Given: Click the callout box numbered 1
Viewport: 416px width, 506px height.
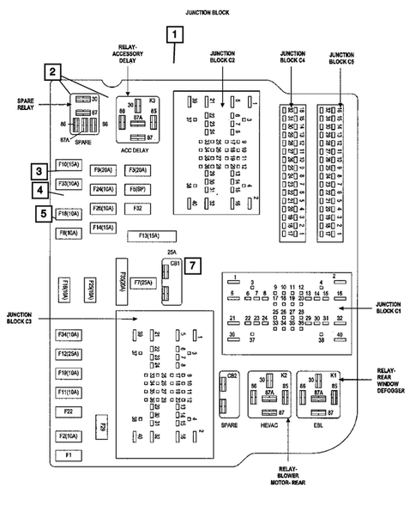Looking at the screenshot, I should click(x=176, y=35).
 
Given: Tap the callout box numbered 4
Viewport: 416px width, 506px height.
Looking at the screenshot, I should click(x=39, y=190).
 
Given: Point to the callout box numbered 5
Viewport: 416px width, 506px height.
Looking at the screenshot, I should click(x=39, y=214).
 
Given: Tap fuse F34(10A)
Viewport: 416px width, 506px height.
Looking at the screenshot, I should click(x=69, y=334).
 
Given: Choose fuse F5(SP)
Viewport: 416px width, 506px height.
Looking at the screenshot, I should click(x=138, y=188).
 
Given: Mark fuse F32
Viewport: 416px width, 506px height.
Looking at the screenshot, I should click(x=137, y=208).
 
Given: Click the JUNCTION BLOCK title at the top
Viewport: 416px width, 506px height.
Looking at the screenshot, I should click(x=210, y=12).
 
